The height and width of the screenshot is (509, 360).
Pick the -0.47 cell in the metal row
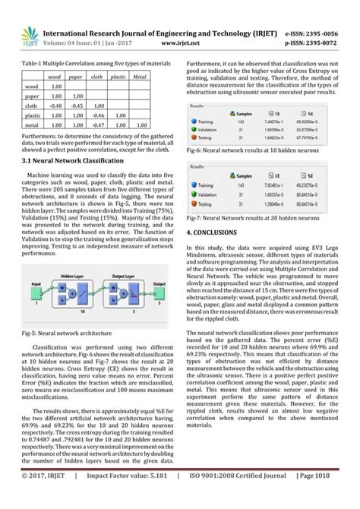(x=97, y=125)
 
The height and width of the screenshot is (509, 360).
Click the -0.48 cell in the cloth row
(x=55, y=106)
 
